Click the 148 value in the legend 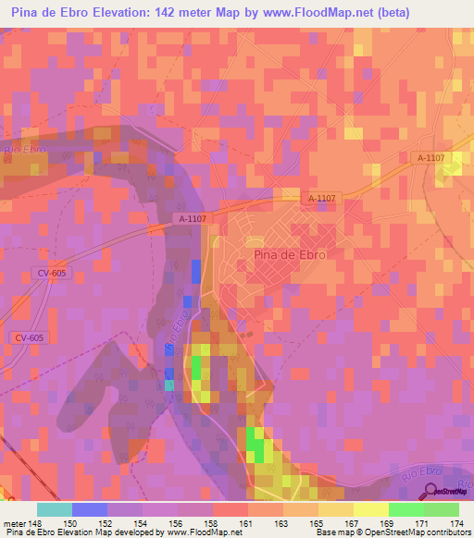[36, 522]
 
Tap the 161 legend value [247, 522]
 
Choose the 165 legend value [318, 522]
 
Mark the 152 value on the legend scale [106, 522]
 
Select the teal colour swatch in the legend [55, 509]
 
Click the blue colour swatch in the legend [90, 509]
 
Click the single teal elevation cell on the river [168, 385]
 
